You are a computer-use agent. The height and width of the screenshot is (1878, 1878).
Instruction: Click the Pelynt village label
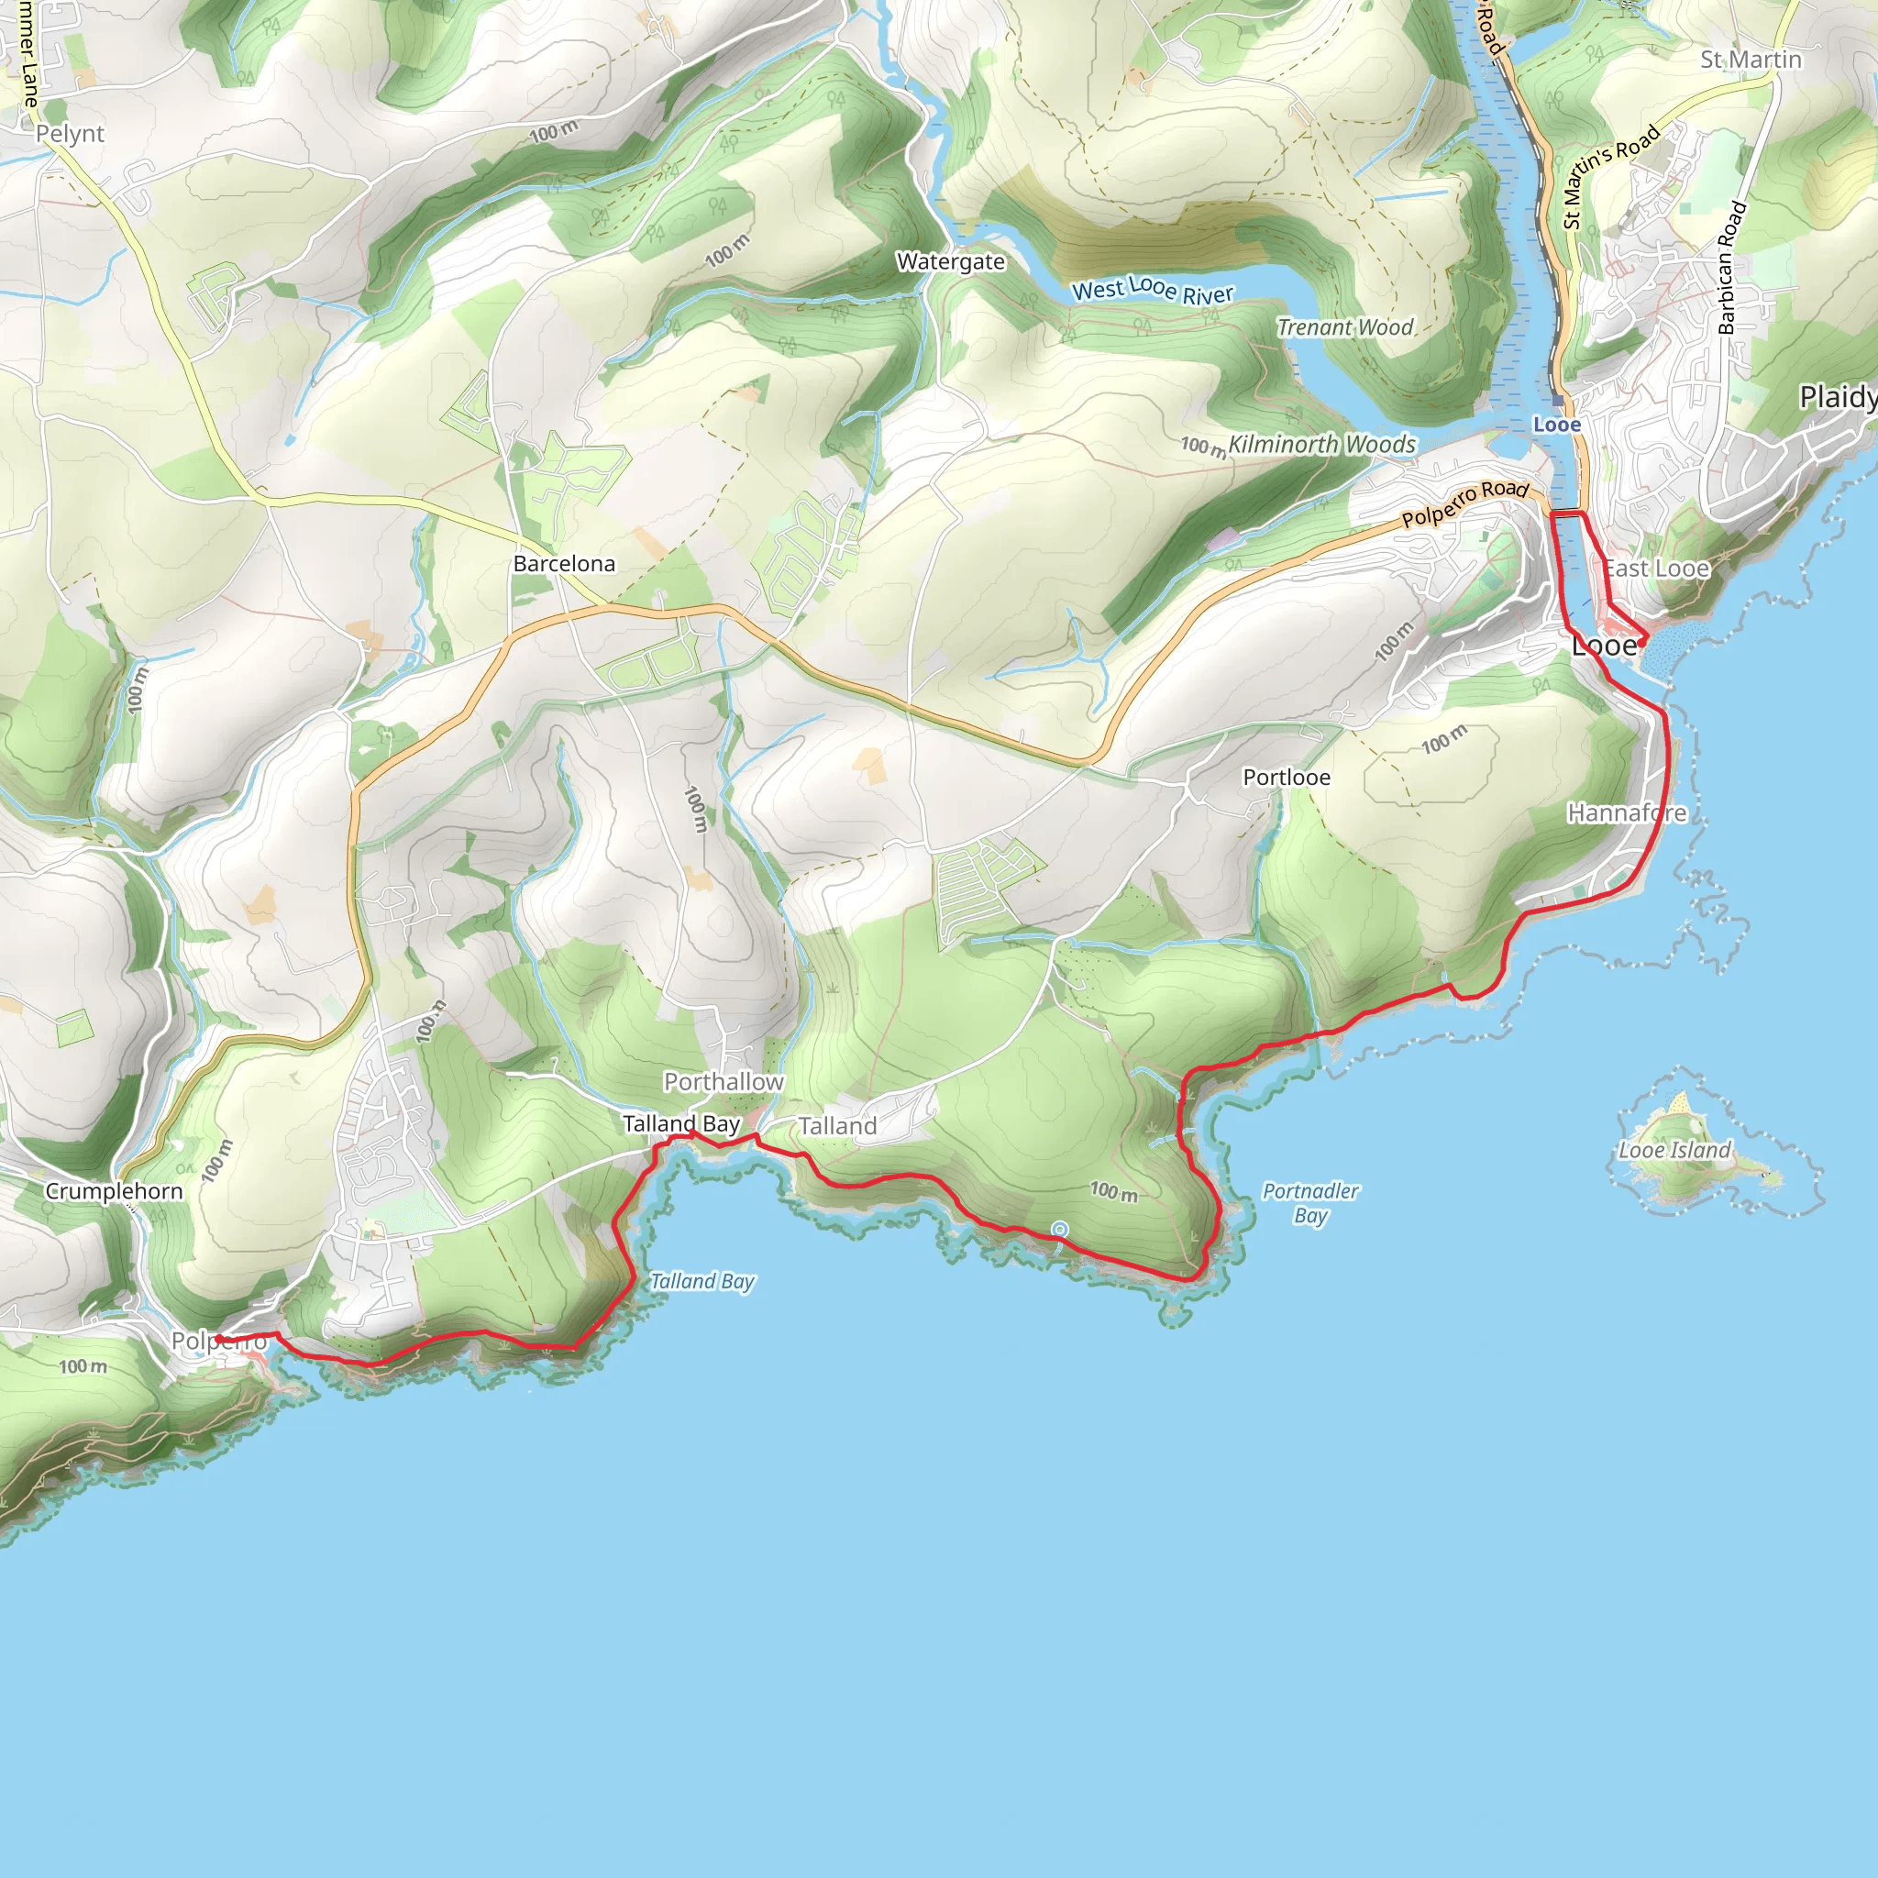(x=70, y=134)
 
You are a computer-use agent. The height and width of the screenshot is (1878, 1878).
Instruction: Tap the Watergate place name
(x=950, y=261)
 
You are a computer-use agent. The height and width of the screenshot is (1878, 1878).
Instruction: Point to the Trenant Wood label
(x=1344, y=327)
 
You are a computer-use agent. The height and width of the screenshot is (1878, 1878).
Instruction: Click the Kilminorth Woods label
(x=1321, y=444)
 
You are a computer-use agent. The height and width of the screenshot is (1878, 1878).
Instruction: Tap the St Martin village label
(x=1750, y=61)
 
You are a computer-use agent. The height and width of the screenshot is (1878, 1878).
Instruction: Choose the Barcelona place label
(x=564, y=564)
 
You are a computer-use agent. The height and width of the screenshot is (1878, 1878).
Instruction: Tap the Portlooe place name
(x=1286, y=778)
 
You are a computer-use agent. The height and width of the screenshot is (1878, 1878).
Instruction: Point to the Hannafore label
(x=1626, y=812)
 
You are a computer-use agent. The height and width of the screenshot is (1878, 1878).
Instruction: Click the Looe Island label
(x=1674, y=1150)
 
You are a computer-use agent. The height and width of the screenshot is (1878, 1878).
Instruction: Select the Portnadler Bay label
(x=1310, y=1202)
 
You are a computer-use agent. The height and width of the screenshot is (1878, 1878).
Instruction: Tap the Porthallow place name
(x=724, y=1082)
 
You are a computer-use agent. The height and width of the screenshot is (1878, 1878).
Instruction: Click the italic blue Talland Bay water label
(x=701, y=1281)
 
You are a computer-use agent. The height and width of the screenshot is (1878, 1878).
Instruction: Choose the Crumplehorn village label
(x=114, y=1192)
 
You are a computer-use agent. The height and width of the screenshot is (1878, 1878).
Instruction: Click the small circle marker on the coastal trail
(x=1059, y=1230)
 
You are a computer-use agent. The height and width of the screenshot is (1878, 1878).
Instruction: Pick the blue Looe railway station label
(x=1556, y=425)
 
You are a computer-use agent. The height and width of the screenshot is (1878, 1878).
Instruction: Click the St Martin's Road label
(x=1610, y=177)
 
